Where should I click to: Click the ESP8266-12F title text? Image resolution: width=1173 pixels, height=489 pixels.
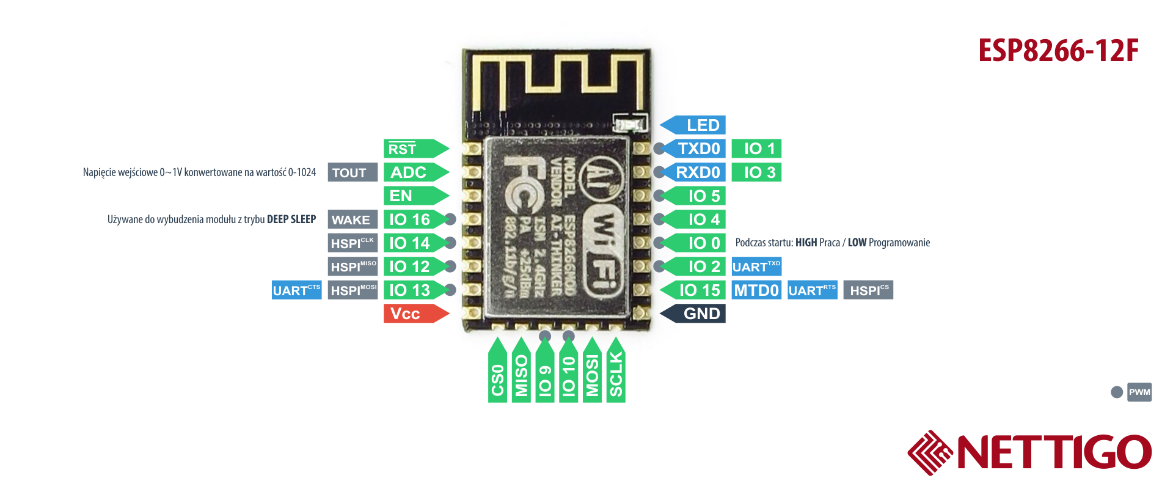click(1058, 51)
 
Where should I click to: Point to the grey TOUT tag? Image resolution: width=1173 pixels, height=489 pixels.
click(352, 172)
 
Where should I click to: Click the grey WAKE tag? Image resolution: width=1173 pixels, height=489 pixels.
click(352, 219)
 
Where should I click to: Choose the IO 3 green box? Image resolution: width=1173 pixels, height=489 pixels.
click(756, 172)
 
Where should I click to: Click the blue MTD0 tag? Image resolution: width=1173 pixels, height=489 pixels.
click(756, 290)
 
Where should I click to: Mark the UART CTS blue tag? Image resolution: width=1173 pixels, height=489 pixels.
click(296, 290)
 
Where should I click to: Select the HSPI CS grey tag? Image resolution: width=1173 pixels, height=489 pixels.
click(868, 290)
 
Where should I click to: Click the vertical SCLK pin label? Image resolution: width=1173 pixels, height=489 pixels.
click(616, 373)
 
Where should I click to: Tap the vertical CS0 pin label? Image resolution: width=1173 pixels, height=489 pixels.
click(497, 376)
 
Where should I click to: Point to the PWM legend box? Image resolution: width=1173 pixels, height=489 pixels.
click(1139, 392)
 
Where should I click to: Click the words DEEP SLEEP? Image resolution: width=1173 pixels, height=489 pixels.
click(291, 219)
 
